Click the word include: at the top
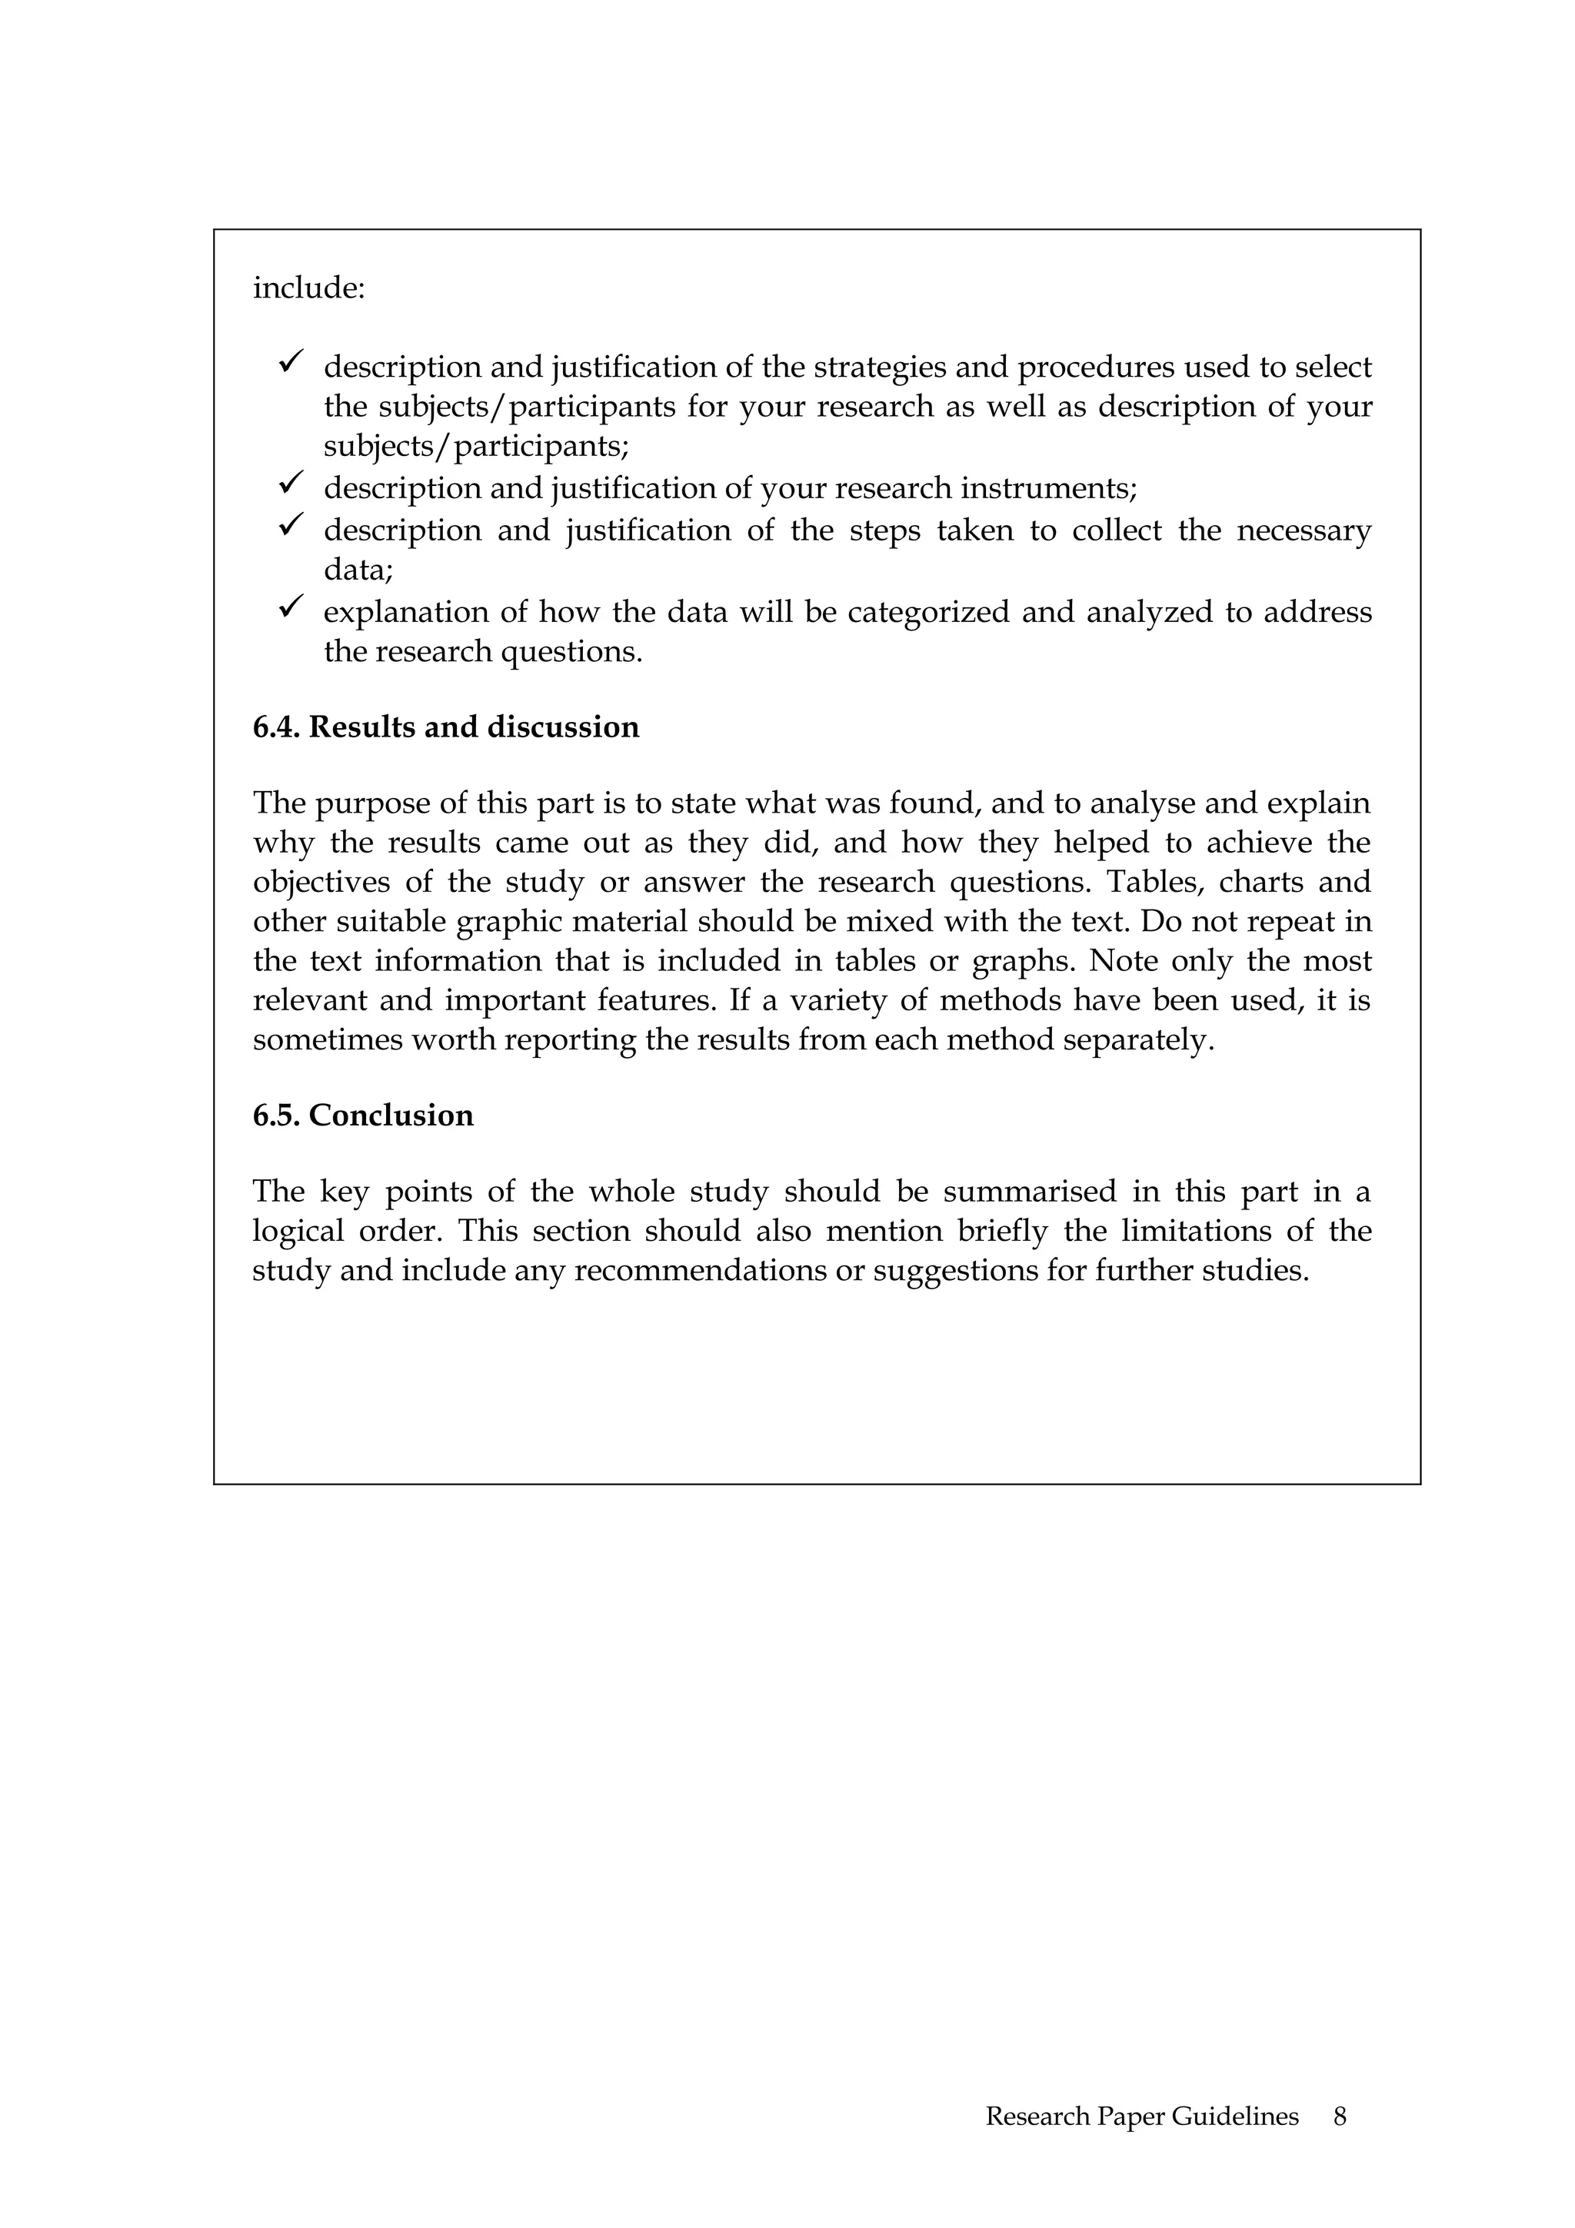click(x=308, y=288)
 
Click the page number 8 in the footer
click(x=1339, y=2116)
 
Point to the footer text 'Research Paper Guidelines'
click(x=1141, y=2116)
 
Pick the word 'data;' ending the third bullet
click(x=358, y=570)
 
